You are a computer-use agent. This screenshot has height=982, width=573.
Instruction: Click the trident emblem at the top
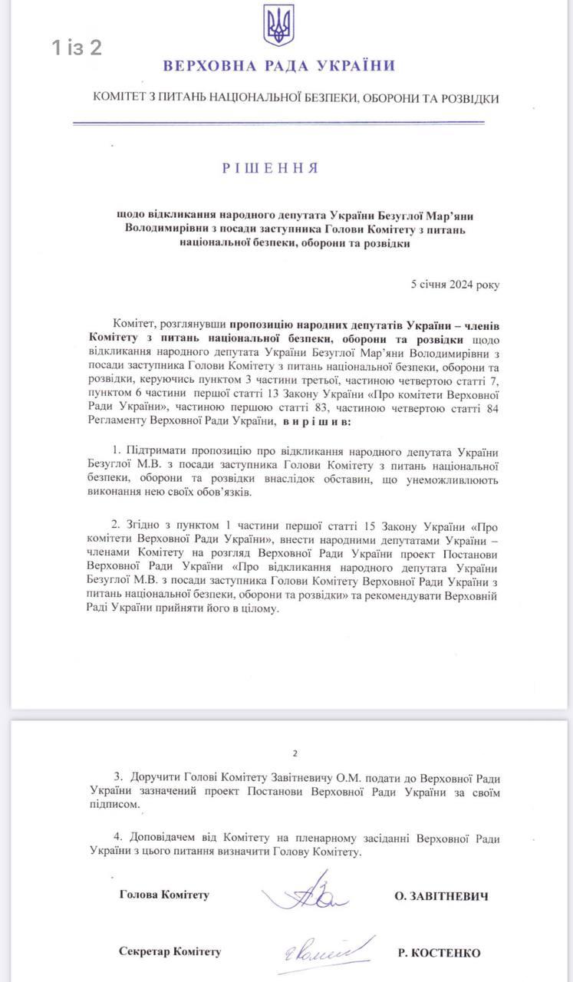pyautogui.click(x=278, y=25)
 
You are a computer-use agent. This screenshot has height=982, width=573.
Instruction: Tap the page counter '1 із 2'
pyautogui.click(x=77, y=48)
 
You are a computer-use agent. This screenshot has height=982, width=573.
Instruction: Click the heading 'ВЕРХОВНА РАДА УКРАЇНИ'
pyautogui.click(x=278, y=66)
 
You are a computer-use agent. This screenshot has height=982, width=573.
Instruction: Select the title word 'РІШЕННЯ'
pyautogui.click(x=270, y=167)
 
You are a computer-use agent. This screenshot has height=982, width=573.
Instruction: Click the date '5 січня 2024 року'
pyautogui.click(x=455, y=284)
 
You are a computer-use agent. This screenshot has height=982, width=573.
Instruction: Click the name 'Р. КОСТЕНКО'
pyautogui.click(x=440, y=953)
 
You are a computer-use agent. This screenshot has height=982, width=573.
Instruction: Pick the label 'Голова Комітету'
pyautogui.click(x=164, y=895)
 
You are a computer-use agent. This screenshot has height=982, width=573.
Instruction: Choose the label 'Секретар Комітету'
pyautogui.click(x=170, y=951)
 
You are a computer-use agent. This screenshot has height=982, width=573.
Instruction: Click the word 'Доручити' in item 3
pyautogui.click(x=156, y=778)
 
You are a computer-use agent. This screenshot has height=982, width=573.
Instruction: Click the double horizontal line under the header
pyautogui.click(x=278, y=123)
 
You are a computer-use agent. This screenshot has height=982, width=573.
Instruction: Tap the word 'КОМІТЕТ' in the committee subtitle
pyautogui.click(x=121, y=99)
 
